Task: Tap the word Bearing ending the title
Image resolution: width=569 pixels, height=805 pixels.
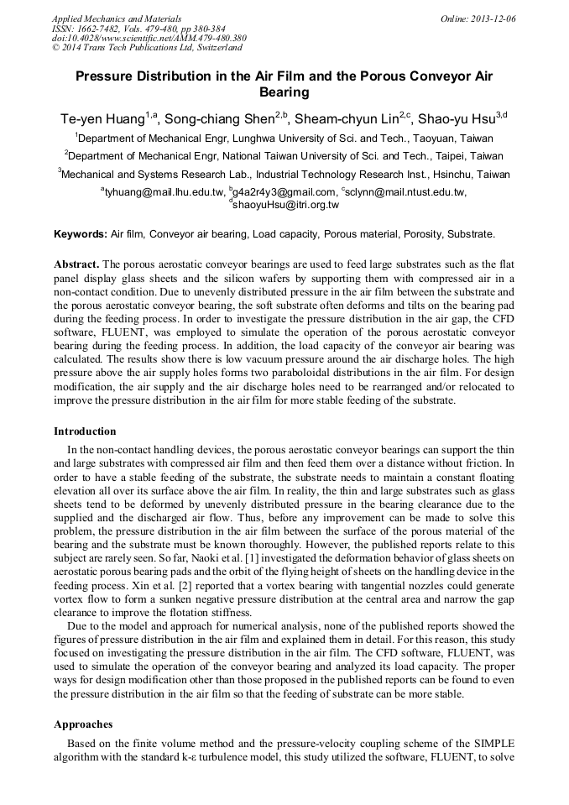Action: pos(284,92)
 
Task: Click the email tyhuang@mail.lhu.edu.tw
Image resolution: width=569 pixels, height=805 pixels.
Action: pos(159,192)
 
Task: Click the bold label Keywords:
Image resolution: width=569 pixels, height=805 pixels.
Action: pos(81,234)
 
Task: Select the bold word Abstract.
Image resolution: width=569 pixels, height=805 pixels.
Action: pos(76,263)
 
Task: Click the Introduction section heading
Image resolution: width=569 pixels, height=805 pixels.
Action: pos(85,431)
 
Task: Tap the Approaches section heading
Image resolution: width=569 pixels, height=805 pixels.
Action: pos(83,724)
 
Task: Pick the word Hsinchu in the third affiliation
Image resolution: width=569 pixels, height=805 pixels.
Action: pos(434,175)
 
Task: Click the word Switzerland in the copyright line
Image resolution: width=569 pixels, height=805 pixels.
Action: pos(206,48)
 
